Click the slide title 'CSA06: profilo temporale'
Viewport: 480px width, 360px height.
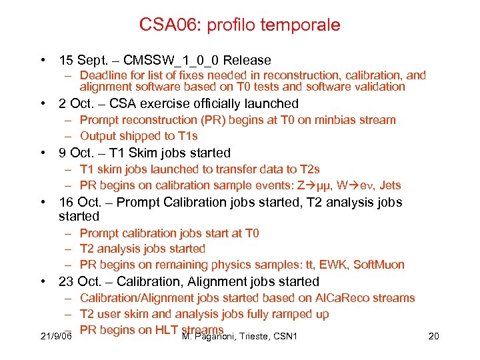point(240,25)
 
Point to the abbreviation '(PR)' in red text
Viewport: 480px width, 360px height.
point(211,120)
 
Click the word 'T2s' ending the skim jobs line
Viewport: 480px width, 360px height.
point(309,169)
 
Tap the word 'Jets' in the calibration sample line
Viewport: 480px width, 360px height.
point(389,185)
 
